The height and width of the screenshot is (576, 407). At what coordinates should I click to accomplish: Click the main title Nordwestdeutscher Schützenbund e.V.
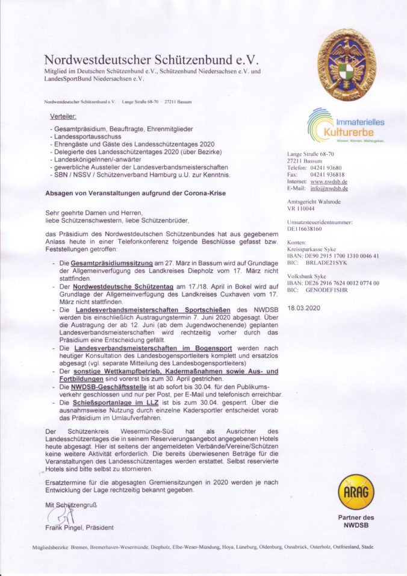[x=151, y=60]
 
